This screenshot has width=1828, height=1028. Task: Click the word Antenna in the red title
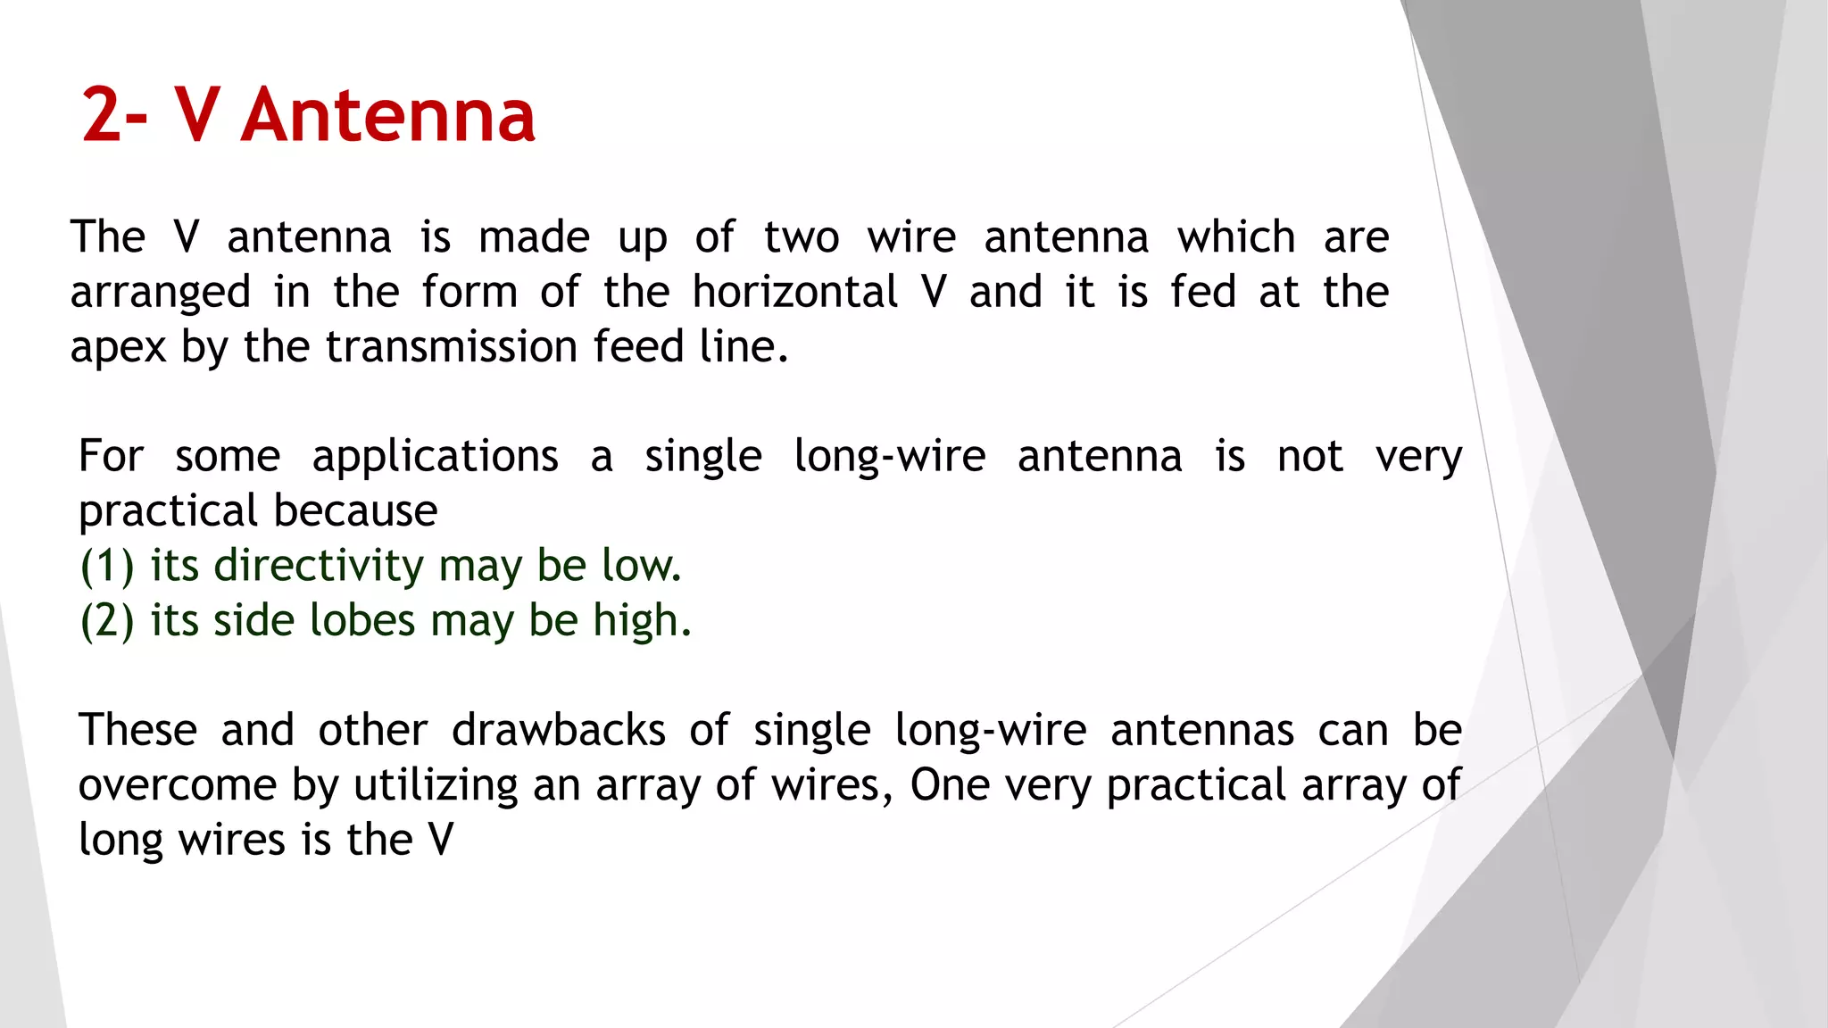coord(388,115)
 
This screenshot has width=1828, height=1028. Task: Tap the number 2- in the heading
coord(114,115)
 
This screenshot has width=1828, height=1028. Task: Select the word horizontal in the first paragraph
coord(795,292)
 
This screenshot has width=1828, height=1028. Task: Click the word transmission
coord(451,346)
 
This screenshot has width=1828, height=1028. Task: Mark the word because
coord(356,510)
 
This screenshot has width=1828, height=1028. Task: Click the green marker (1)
coord(107,566)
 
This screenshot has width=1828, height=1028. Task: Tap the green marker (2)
coord(107,621)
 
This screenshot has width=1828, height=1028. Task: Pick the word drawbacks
coord(559,730)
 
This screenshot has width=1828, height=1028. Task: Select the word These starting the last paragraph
coord(137,730)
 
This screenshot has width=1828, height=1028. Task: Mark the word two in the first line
coord(802,237)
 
